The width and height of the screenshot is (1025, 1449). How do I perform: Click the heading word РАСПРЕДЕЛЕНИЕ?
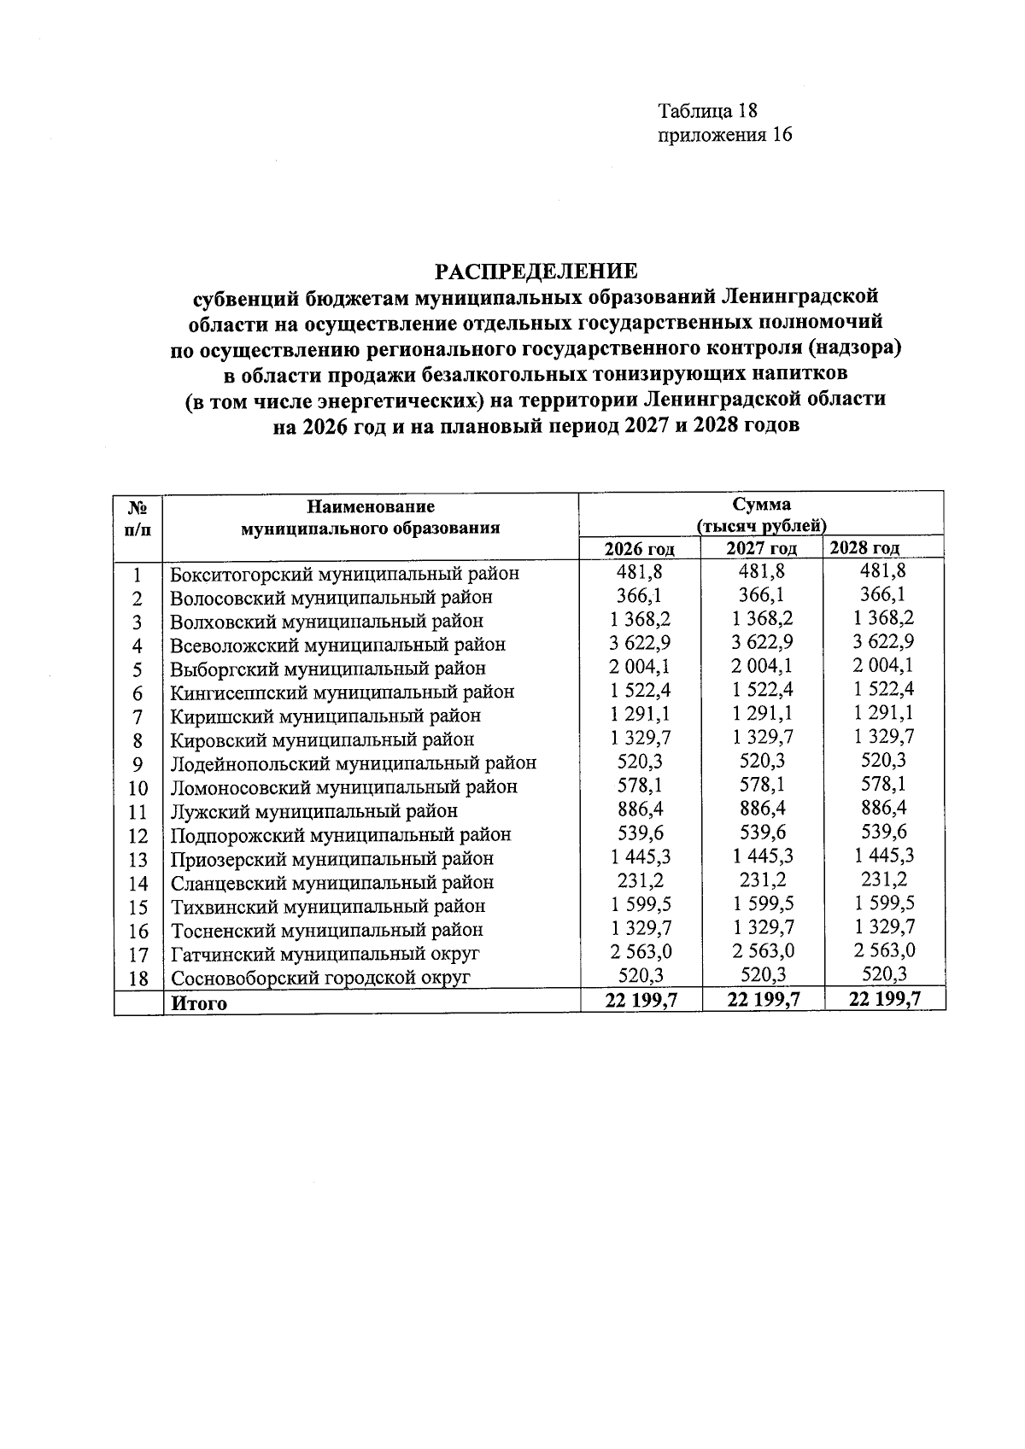[536, 272]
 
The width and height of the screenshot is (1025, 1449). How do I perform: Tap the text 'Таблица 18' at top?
[708, 111]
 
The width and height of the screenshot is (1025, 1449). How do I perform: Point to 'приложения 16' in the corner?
[724, 135]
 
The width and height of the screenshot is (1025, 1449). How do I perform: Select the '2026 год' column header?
[639, 548]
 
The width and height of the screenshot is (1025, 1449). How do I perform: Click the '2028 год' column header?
[864, 548]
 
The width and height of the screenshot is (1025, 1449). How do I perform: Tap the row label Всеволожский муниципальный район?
[337, 645]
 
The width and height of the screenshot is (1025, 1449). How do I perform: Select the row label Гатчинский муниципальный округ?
[325, 954]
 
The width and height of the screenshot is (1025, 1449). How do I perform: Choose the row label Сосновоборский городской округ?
[320, 978]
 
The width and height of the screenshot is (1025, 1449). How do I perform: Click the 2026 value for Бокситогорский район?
[639, 572]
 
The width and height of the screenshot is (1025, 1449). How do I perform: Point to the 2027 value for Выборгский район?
[762, 667]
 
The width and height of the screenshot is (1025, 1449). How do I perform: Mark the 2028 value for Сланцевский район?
[884, 879]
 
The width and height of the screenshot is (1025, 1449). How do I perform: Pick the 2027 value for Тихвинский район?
[762, 903]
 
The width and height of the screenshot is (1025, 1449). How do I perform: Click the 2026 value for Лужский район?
[639, 809]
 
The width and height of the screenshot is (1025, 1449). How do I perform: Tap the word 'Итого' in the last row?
[199, 1003]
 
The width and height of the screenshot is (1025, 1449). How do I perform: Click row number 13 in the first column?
[138, 860]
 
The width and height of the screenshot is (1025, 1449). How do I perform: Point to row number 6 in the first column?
[138, 694]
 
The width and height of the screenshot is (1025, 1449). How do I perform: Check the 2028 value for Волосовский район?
[884, 595]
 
